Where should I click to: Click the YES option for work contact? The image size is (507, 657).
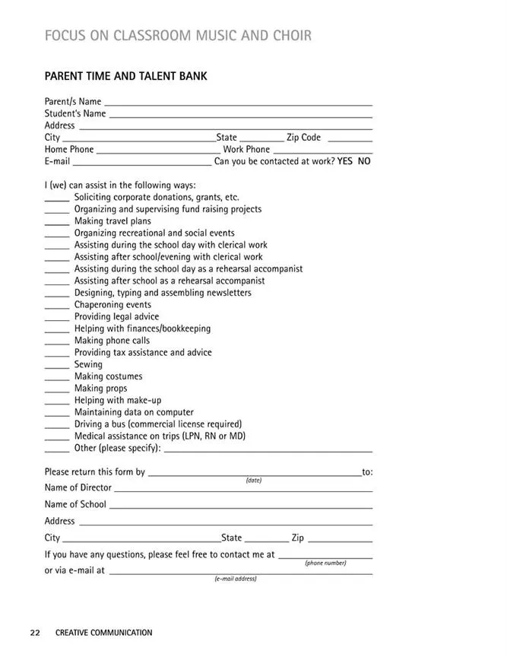coord(344,161)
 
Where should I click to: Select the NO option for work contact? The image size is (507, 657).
coord(364,161)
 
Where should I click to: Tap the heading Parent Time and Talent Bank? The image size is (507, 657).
coord(125,76)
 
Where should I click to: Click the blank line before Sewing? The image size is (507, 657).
coord(56,366)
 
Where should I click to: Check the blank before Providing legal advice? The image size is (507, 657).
coord(56,318)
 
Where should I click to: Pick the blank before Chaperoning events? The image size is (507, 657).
coord(56,306)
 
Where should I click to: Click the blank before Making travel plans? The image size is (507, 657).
coord(56,222)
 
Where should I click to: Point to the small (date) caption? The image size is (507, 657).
coord(254,481)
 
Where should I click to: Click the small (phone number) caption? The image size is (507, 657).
coord(325,563)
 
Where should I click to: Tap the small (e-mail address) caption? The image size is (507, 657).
coord(236,579)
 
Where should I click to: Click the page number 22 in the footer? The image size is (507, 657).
coord(35,633)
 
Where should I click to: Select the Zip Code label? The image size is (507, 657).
coord(303,138)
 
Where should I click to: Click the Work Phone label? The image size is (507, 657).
coord(246,150)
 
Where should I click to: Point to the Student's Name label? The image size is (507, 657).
coord(75,113)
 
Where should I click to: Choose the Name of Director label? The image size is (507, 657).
coord(78,487)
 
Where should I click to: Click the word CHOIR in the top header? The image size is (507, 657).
coord(287,36)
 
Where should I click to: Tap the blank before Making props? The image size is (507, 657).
coord(56,389)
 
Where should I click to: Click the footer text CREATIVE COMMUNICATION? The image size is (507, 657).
coord(103,633)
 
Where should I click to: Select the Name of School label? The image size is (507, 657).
coord(75,504)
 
